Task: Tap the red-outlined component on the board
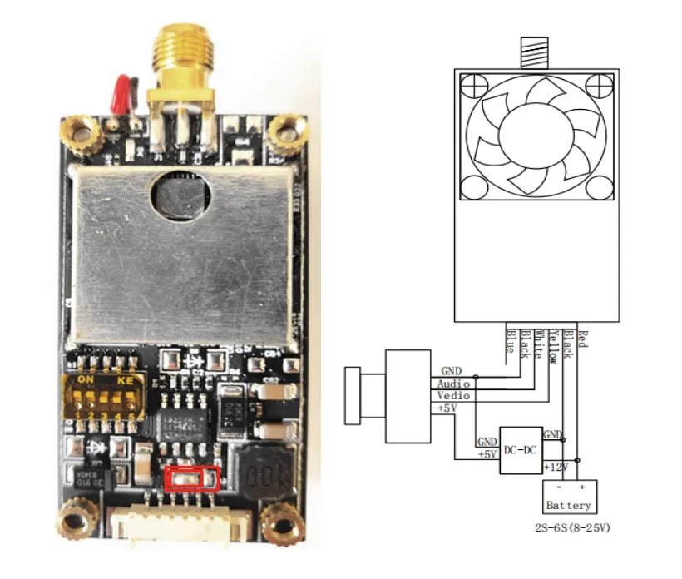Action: point(192,478)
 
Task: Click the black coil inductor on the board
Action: point(265,474)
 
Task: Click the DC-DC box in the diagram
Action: point(520,450)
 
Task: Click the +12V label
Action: point(555,468)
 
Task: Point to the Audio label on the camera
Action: point(454,384)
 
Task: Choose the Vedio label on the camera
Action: point(453,396)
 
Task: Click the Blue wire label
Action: point(511,342)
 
